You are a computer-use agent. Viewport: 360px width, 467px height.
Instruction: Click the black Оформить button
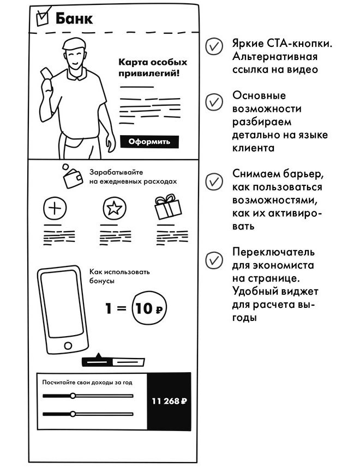149,142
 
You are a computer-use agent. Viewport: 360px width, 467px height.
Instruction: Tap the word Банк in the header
74,19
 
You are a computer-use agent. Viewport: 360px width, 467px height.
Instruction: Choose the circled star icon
113,208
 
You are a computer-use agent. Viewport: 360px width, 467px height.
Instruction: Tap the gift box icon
167,207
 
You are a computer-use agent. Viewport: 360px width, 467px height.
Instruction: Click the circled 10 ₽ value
149,308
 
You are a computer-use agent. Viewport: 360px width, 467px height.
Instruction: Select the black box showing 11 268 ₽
169,402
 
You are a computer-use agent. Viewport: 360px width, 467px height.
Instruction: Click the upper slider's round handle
73,396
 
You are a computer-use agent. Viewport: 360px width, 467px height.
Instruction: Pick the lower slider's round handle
73,414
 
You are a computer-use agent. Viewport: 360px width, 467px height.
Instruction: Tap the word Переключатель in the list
266,253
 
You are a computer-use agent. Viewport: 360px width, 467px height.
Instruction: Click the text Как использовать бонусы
119,276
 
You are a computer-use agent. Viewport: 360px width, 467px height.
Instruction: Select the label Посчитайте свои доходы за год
87,383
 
